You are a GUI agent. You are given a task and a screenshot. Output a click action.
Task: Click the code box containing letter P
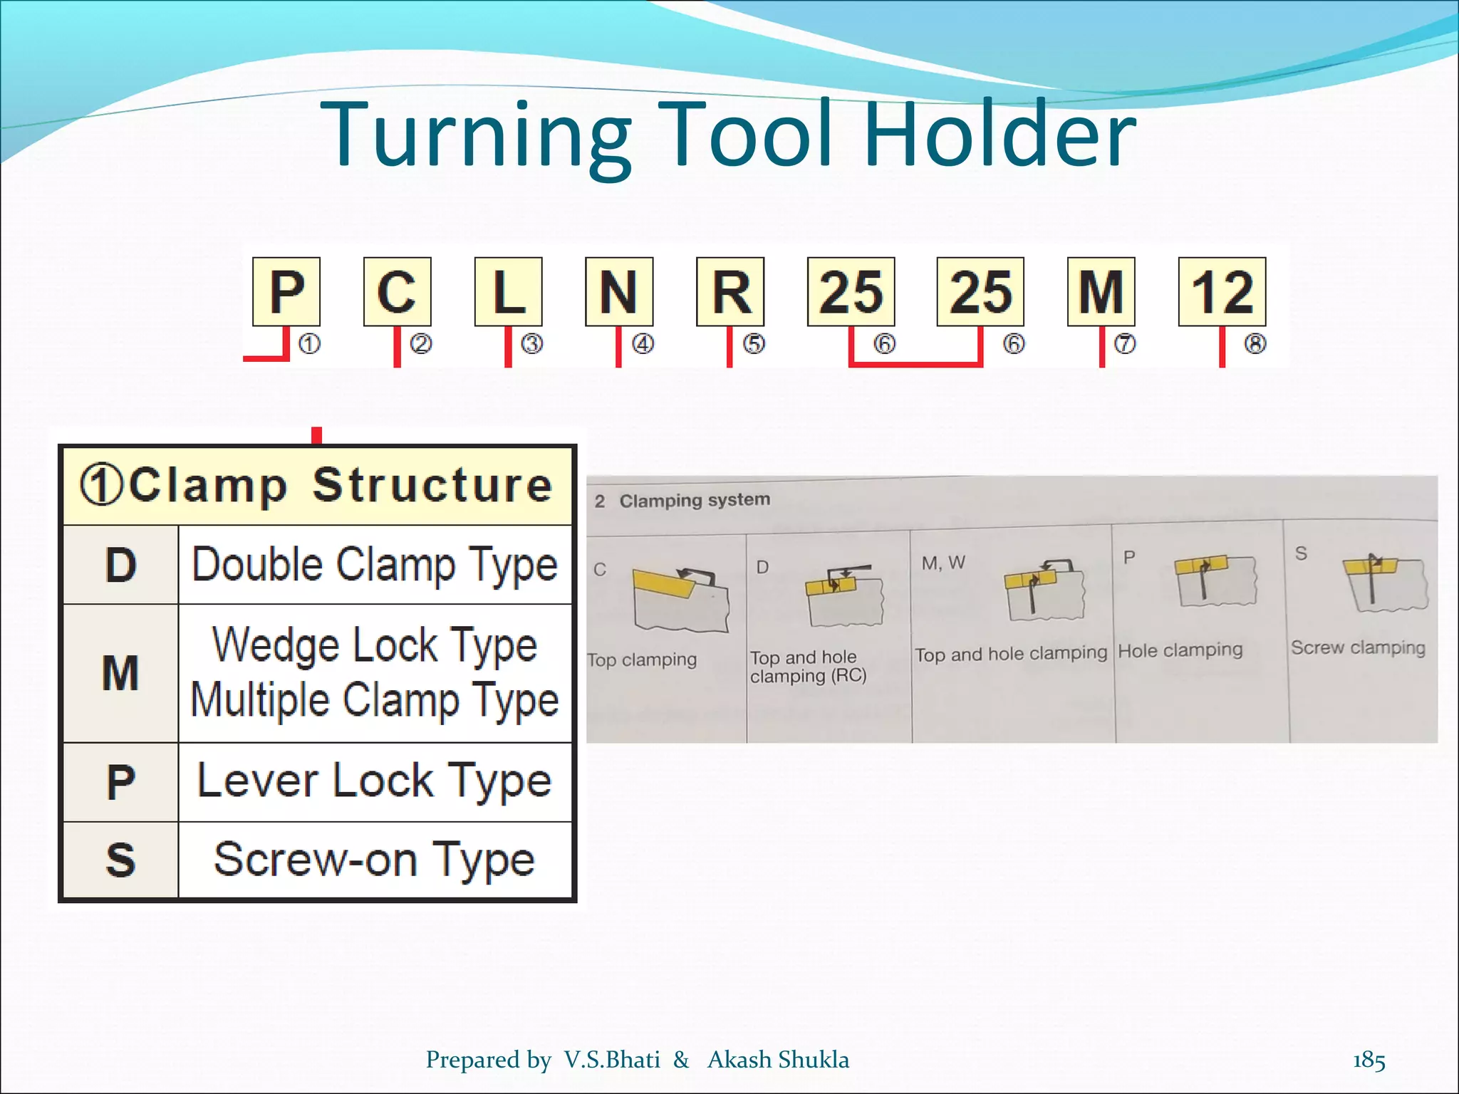pyautogui.click(x=286, y=291)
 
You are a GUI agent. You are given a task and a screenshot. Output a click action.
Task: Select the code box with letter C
pyautogui.click(x=397, y=291)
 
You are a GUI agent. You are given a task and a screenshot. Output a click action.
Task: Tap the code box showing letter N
pyautogui.click(x=618, y=291)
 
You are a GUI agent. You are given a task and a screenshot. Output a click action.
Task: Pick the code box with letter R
pyautogui.click(x=730, y=291)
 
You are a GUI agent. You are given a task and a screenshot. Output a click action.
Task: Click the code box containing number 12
pyautogui.click(x=1222, y=291)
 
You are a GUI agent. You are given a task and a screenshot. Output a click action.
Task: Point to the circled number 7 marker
pyautogui.click(x=1124, y=344)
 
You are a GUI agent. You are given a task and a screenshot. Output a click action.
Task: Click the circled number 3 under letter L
pyautogui.click(x=532, y=344)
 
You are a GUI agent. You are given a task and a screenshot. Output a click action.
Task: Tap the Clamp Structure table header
pyautogui.click(x=317, y=486)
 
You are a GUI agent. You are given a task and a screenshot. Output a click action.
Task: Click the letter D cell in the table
pyautogui.click(x=120, y=566)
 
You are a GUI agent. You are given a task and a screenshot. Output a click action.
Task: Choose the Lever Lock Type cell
pyautogui.click(x=375, y=781)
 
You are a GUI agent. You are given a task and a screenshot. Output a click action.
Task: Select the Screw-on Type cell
pyautogui.click(x=375, y=860)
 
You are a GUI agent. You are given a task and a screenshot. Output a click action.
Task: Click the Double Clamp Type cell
pyautogui.click(x=375, y=566)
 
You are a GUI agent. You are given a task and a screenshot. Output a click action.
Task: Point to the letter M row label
pyautogui.click(x=120, y=673)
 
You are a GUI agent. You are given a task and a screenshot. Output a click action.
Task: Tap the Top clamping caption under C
pyautogui.click(x=643, y=660)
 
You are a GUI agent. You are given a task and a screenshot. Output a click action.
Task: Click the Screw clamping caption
pyautogui.click(x=1358, y=647)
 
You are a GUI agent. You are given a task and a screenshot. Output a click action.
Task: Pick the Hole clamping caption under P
pyautogui.click(x=1180, y=650)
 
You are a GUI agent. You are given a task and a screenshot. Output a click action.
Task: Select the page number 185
pyautogui.click(x=1369, y=1060)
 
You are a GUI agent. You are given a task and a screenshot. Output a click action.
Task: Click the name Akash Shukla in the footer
pyautogui.click(x=778, y=1060)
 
